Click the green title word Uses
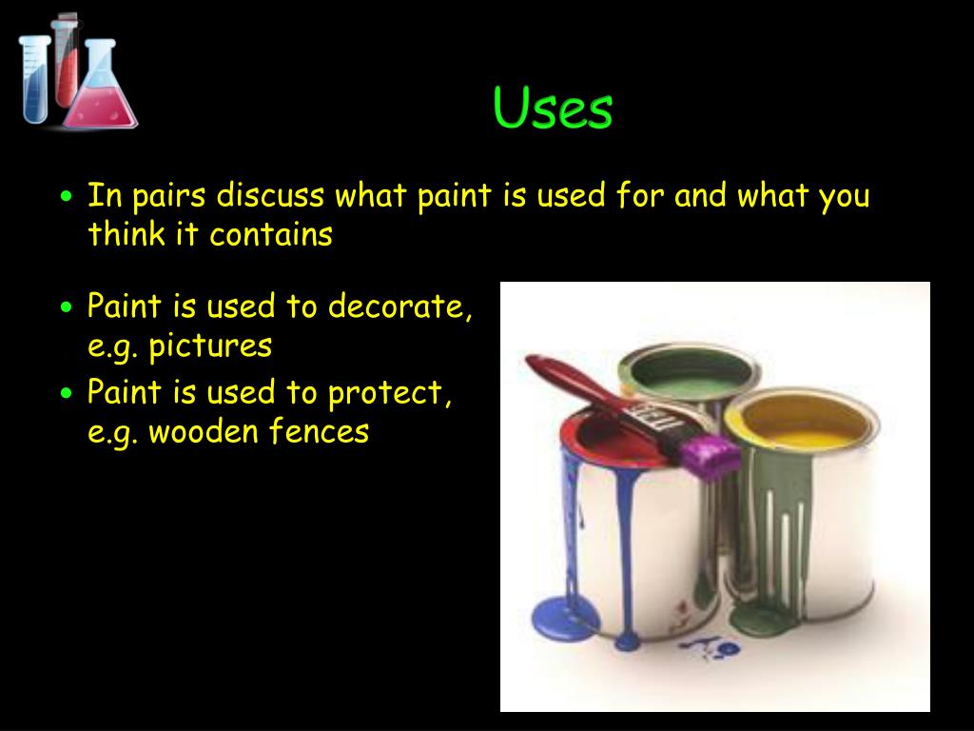pos(553,109)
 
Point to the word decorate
pos(399,306)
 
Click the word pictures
pos(210,346)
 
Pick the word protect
pos(390,392)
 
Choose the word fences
pos(319,432)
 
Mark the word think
pos(126,234)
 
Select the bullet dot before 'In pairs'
pos(66,198)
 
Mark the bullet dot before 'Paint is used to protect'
pos(66,393)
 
